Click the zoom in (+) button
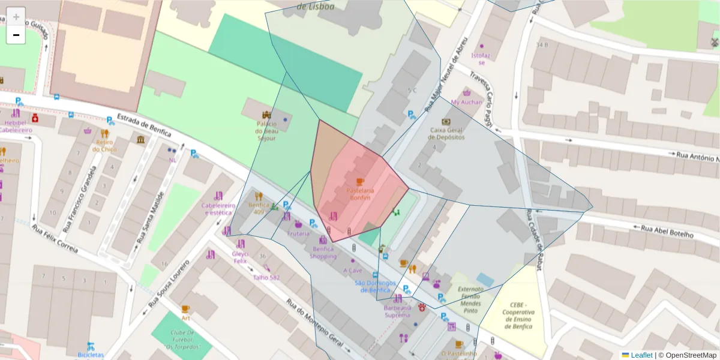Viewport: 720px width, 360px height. [x=16, y=16]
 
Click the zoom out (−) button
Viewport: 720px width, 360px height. [x=16, y=35]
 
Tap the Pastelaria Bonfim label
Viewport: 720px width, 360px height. [x=361, y=193]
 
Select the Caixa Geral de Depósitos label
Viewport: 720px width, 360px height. [x=447, y=133]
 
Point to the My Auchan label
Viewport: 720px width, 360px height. [x=467, y=102]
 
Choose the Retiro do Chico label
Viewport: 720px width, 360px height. [x=104, y=145]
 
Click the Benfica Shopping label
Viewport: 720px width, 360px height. [x=323, y=253]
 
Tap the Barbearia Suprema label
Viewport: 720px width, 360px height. [x=397, y=311]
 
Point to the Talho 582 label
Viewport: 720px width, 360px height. [x=266, y=277]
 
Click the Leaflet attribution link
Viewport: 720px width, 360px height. [x=641, y=355]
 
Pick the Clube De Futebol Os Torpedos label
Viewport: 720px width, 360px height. [x=182, y=340]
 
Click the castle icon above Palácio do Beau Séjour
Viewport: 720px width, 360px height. [x=266, y=114]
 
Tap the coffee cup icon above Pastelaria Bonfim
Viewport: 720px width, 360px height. [x=360, y=181]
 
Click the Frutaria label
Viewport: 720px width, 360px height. [x=298, y=233]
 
